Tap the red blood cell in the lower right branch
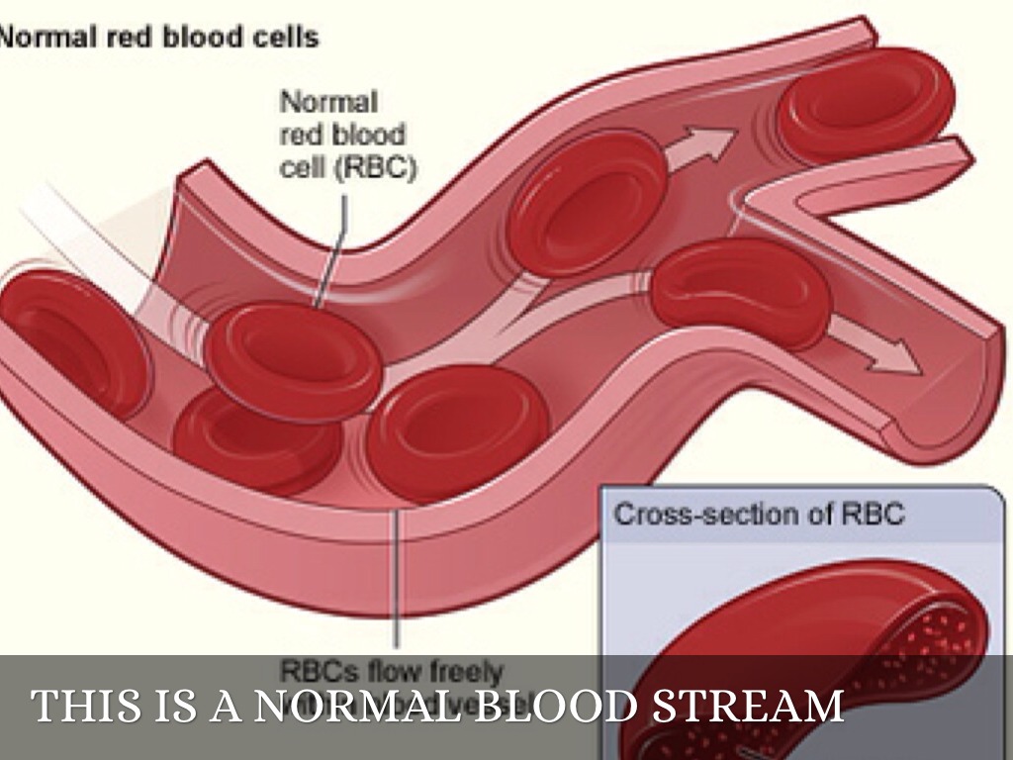pos(742,291)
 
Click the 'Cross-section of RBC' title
pos(759,515)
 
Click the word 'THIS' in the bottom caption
pos(78,707)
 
